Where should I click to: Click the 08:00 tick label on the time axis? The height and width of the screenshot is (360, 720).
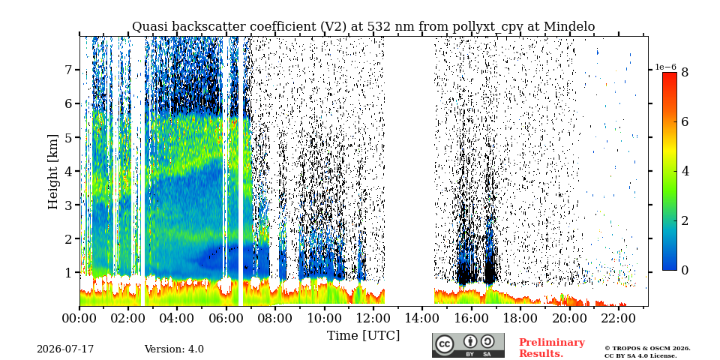pos(275,318)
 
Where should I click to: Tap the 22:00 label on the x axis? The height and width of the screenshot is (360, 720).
pos(619,318)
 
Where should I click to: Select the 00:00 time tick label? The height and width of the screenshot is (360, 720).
pos(79,318)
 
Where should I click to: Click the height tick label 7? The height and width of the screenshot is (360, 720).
pos(68,70)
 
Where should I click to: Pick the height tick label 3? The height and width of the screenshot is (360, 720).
pos(68,205)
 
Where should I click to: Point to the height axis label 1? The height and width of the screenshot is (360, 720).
pos(68,273)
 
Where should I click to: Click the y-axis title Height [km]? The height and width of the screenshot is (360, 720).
pos(54,172)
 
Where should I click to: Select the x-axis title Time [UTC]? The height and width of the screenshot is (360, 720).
pos(363,336)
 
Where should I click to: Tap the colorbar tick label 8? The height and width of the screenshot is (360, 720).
pos(685,72)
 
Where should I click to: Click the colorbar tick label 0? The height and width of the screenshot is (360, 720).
pos(685,271)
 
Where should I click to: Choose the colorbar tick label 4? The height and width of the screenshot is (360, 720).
pos(685,171)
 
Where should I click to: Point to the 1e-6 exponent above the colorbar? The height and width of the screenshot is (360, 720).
pos(665,67)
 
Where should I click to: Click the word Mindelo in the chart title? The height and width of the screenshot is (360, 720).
pos(569,27)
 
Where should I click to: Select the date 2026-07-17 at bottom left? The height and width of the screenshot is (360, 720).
pos(65,349)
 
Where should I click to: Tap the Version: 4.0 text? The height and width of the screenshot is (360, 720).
pos(174,349)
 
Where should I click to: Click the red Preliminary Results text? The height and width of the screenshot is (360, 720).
pos(552,348)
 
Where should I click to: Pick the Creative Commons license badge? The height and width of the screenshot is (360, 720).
pos(468,345)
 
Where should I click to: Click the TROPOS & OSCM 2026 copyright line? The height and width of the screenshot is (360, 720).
pos(647,349)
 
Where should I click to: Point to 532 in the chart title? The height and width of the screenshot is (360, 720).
pos(361,27)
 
